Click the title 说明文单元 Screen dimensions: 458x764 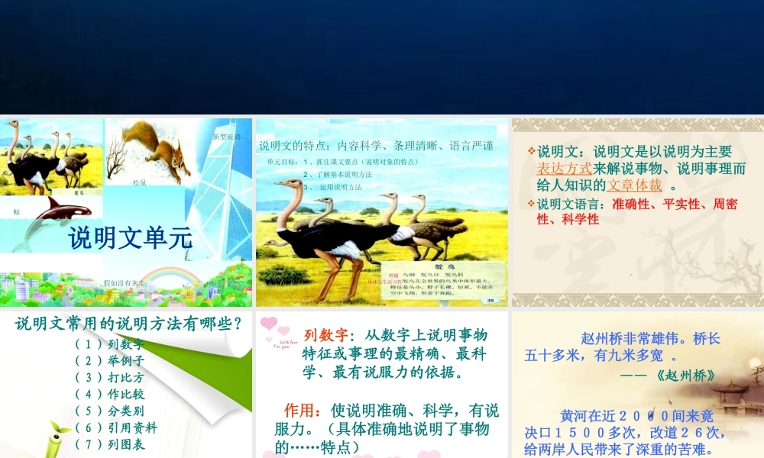click(131, 237)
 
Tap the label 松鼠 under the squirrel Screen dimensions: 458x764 click(139, 182)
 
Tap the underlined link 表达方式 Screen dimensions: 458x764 click(565, 169)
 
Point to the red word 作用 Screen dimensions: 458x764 click(300, 411)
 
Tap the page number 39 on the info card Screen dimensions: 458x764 click(490, 300)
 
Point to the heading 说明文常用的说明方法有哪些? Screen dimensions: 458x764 click(129, 324)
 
